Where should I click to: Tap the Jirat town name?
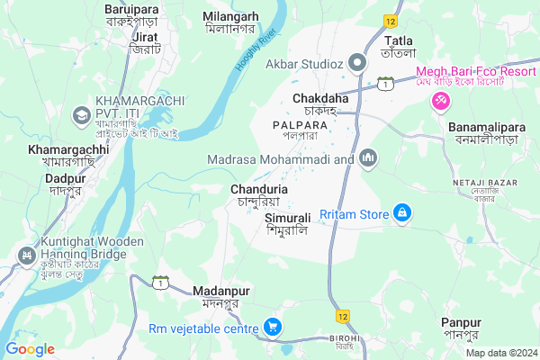coord(145,36)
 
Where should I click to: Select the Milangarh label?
coord(230,17)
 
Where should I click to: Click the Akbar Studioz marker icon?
coord(357,63)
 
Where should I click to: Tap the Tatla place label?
coord(399,40)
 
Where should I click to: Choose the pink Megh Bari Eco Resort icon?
coord(440,102)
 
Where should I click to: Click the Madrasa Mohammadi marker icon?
coord(366,159)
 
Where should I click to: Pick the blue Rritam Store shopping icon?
coord(402,213)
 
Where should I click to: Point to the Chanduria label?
coord(259,190)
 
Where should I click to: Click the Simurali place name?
coord(288,218)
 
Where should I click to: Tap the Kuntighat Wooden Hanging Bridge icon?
coord(22,256)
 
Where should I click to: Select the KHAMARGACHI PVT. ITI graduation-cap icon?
coord(82,114)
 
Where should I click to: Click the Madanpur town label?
coord(220,291)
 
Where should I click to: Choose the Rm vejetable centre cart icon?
coord(272,327)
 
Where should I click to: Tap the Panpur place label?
coord(461,322)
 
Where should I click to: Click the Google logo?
coord(31,348)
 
